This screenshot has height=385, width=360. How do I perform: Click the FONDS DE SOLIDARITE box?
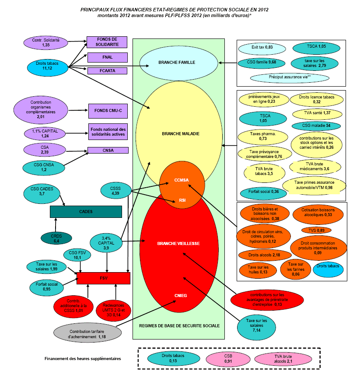107,42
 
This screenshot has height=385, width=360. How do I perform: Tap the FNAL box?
107,57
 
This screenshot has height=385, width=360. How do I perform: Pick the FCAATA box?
107,70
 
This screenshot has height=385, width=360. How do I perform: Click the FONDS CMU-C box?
108,111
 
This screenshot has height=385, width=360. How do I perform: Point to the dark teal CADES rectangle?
85,211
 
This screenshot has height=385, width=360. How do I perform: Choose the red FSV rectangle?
104,278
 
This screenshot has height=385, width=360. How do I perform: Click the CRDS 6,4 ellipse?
56,238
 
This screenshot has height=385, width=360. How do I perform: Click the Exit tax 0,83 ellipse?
262,47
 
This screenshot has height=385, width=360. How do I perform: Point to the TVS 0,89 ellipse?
316,230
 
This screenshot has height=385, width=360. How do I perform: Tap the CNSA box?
108,150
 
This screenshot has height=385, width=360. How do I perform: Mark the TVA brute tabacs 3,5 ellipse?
264,171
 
